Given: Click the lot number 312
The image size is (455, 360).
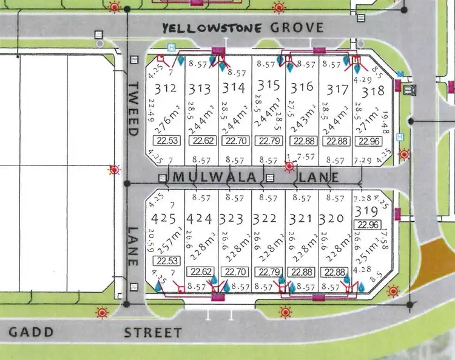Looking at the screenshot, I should (x=166, y=89).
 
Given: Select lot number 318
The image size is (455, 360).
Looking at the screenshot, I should (x=373, y=92).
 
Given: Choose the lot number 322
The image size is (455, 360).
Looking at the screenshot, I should (x=268, y=218).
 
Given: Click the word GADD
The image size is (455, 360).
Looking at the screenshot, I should (x=32, y=332).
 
